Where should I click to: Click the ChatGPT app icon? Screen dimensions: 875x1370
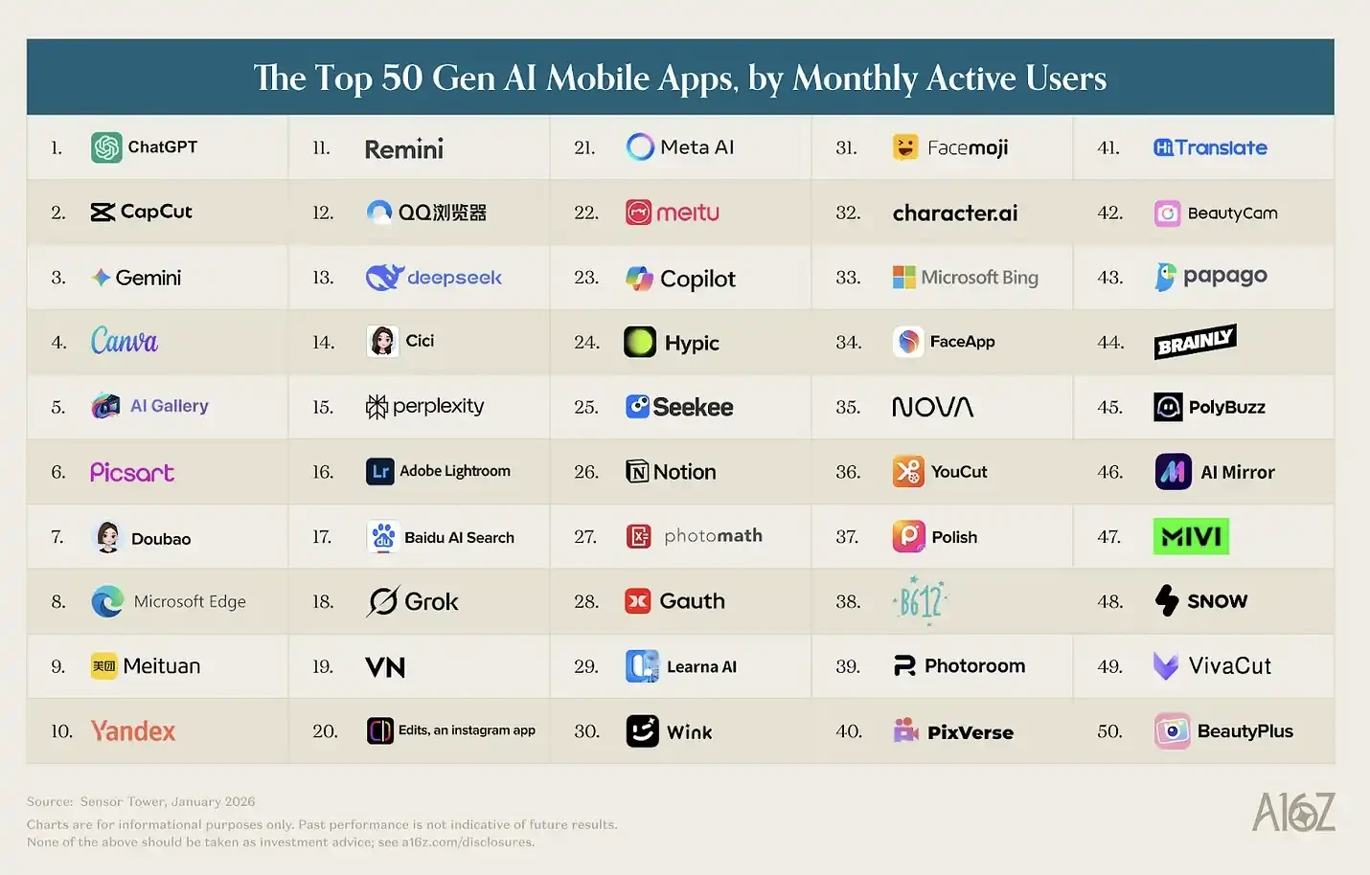click(106, 147)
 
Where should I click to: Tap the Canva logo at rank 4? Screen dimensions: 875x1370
click(125, 341)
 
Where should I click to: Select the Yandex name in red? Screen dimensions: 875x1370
click(133, 731)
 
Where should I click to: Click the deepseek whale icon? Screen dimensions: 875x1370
click(383, 278)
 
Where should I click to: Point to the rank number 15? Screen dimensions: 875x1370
click(323, 407)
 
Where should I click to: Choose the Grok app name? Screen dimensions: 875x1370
click(431, 601)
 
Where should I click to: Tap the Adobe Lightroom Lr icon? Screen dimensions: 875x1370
click(380, 471)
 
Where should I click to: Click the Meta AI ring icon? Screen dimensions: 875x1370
click(640, 146)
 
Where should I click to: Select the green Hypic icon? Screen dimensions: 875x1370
click(640, 342)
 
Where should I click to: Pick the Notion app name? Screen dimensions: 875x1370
click(684, 472)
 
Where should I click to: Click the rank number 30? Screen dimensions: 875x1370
click(586, 731)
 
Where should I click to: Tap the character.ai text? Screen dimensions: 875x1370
click(955, 213)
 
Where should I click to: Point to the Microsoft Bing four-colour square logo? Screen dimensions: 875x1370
click(904, 278)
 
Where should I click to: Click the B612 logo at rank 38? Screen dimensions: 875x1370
click(920, 600)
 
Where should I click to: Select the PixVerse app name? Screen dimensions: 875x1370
click(970, 732)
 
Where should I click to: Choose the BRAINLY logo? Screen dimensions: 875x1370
click(1195, 342)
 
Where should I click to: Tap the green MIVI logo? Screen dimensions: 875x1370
click(1191, 536)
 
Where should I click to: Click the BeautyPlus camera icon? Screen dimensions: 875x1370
click(1172, 731)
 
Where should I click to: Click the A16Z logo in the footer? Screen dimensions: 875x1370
click(1293, 813)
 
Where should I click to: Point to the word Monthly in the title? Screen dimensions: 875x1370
click(855, 79)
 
